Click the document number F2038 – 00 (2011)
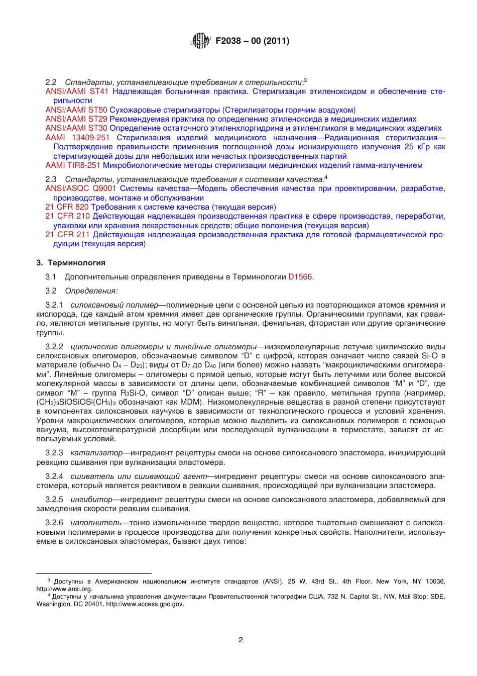(252, 41)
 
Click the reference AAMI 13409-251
(77, 138)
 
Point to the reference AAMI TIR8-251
(73, 165)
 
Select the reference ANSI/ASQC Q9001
(81, 188)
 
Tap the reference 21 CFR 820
(67, 207)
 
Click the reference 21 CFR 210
(67, 216)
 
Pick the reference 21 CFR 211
(67, 235)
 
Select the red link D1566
(300, 277)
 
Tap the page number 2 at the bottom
(241, 640)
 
